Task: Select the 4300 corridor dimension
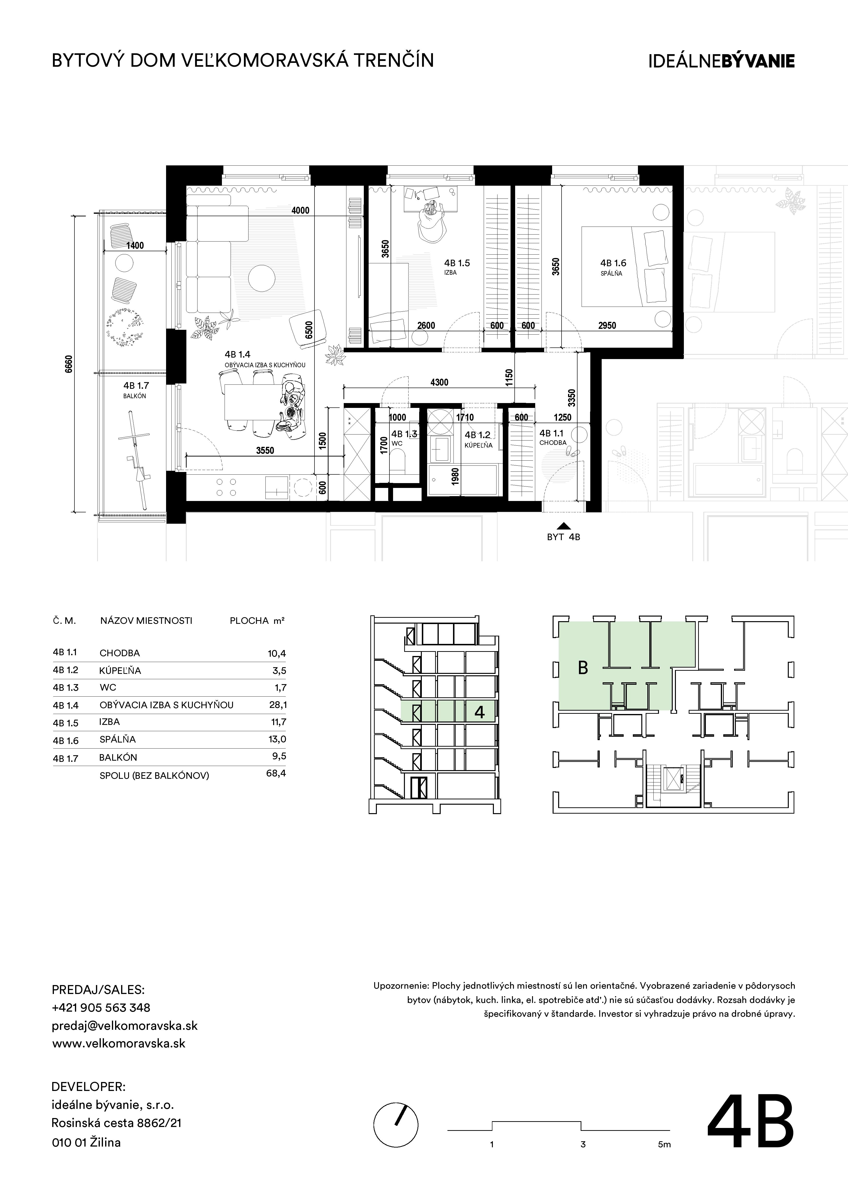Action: (439, 382)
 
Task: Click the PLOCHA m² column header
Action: (257, 621)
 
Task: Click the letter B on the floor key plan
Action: (583, 668)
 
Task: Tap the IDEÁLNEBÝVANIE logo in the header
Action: (722, 61)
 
